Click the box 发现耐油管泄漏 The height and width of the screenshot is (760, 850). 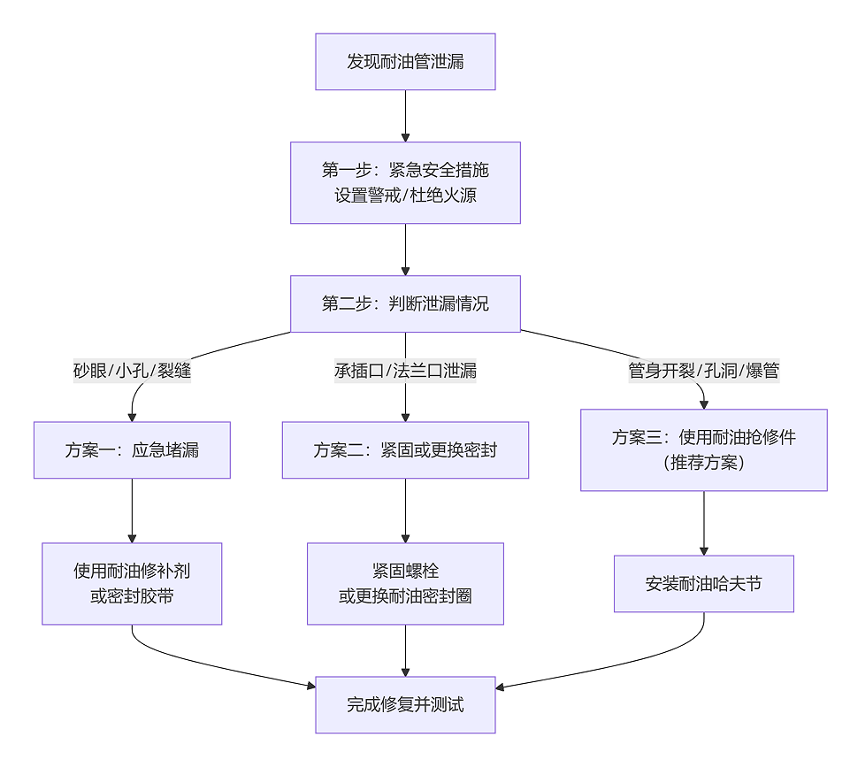point(405,62)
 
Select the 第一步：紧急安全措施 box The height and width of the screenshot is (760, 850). point(405,182)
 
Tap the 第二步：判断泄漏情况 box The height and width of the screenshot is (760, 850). point(405,303)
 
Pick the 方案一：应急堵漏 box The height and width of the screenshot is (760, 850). point(132,449)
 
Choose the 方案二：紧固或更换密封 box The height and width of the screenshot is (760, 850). point(405,449)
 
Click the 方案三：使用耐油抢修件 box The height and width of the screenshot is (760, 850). point(703,449)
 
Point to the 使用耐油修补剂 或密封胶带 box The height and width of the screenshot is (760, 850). point(132,584)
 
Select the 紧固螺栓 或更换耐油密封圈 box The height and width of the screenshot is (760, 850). point(405,584)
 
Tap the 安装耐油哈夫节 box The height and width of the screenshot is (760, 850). point(703,584)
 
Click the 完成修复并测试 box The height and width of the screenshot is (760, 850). point(405,704)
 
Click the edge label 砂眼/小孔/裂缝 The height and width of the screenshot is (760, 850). point(132,371)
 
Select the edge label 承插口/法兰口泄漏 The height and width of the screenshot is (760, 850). point(405,371)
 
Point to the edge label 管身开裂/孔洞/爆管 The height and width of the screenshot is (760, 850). point(703,371)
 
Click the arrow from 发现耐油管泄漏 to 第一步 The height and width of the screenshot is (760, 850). point(405,115)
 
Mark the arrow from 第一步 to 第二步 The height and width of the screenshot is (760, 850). point(405,249)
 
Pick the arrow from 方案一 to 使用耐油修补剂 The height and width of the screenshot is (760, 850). point(132,511)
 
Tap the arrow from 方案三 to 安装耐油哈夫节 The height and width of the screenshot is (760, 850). point(703,523)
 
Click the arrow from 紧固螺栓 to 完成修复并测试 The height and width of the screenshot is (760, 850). point(405,650)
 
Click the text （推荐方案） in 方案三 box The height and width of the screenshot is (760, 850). point(703,462)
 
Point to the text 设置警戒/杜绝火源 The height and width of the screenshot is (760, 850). point(405,195)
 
